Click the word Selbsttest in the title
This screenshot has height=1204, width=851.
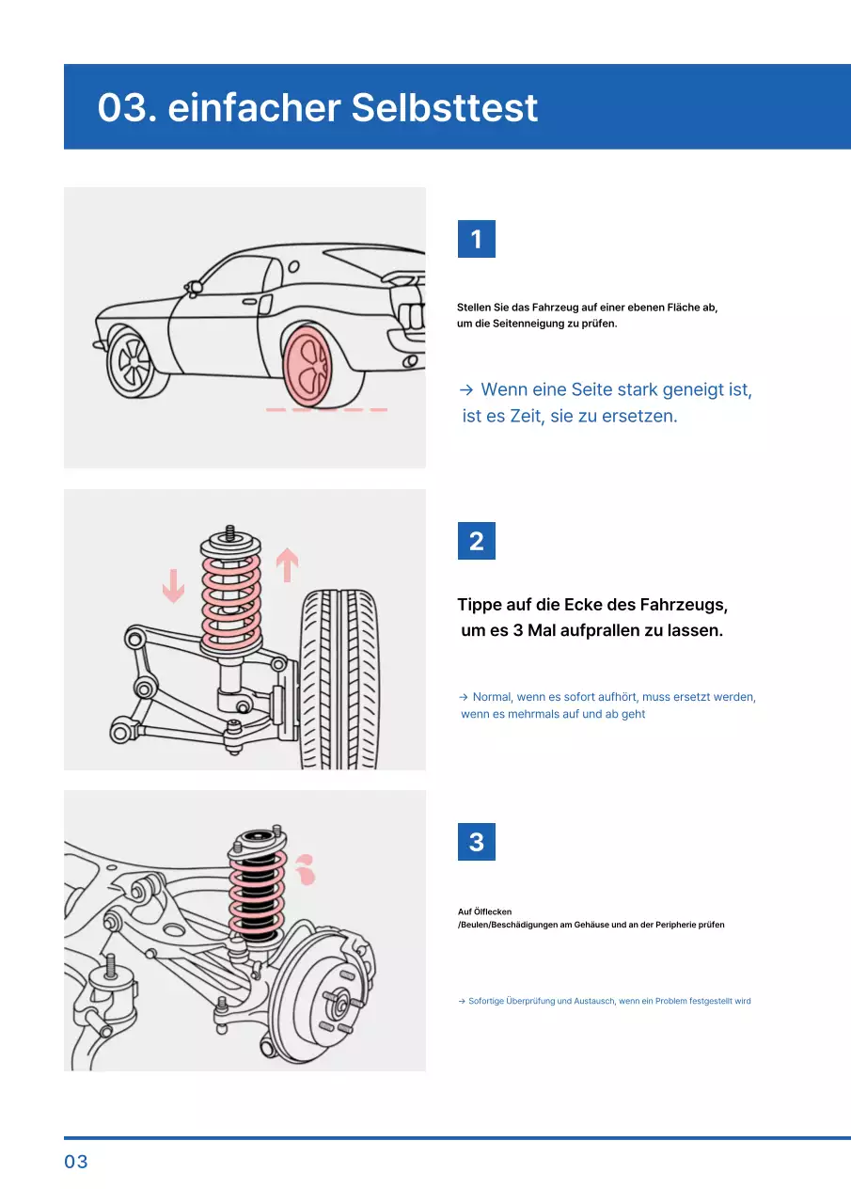click(444, 108)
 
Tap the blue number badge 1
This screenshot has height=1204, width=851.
click(476, 239)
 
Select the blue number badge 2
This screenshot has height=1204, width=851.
click(476, 541)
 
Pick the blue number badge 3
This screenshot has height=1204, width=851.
click(476, 842)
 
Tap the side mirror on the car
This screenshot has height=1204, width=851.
click(195, 286)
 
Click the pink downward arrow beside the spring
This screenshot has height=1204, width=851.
click(173, 586)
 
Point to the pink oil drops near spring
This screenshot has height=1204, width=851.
click(304, 871)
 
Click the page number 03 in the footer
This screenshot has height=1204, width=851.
click(76, 1162)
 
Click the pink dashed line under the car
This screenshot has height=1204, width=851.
click(326, 410)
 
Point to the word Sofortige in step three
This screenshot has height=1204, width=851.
click(486, 1001)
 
